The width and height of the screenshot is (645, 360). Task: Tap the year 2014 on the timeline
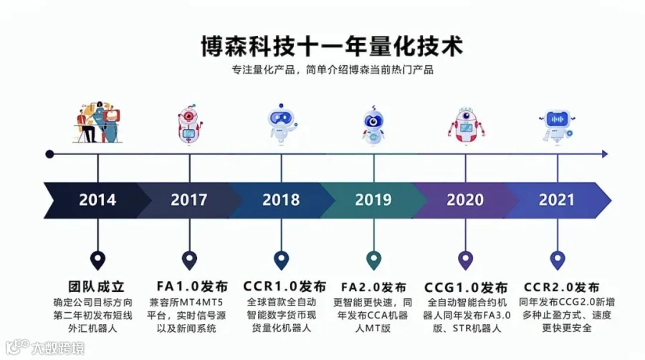(x=97, y=200)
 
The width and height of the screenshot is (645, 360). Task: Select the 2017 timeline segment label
(x=189, y=200)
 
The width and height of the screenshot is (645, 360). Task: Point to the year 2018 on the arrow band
(x=281, y=200)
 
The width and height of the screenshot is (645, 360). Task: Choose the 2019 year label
(x=373, y=200)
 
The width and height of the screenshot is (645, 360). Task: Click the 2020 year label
(x=465, y=200)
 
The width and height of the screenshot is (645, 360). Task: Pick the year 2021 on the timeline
(x=556, y=200)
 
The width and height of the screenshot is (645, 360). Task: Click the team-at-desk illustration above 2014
(x=97, y=123)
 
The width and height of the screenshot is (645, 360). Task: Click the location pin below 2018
(x=281, y=260)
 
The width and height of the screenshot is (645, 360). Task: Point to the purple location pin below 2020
(x=465, y=260)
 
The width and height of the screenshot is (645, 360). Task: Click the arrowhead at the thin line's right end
(x=605, y=153)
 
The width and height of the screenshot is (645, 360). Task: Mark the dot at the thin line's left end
(x=49, y=153)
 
